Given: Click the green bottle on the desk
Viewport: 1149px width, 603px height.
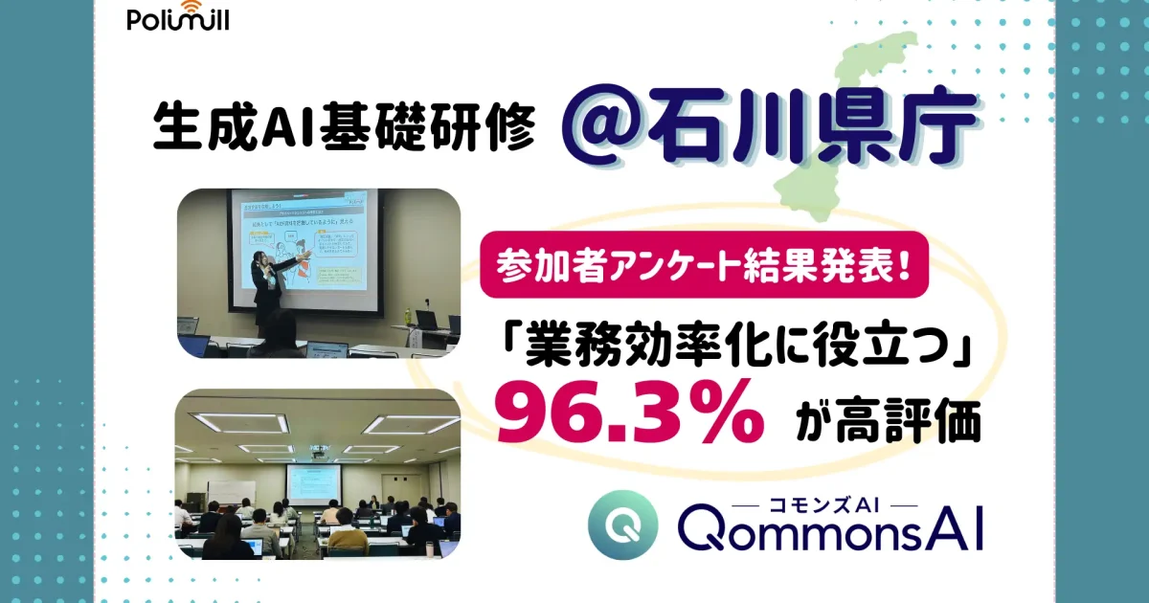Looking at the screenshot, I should tap(409, 316).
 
